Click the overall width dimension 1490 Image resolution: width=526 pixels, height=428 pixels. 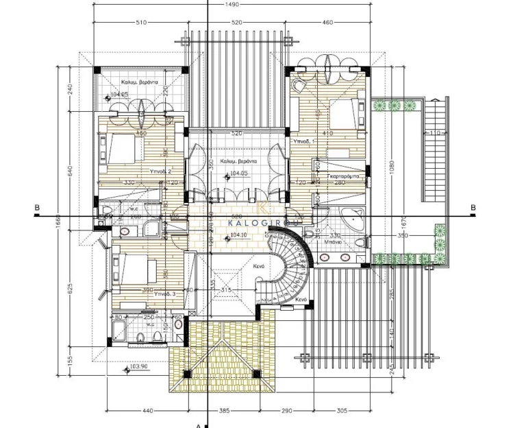[234, 5]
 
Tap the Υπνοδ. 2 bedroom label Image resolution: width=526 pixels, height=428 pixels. [160, 171]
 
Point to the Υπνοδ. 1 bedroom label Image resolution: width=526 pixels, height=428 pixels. [302, 141]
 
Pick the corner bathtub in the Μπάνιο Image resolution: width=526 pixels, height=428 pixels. [354, 218]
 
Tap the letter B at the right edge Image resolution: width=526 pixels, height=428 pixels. [473, 207]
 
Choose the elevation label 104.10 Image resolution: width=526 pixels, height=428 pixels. [239, 235]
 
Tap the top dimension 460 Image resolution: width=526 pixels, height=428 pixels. [327, 23]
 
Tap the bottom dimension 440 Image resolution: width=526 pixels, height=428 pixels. [147, 411]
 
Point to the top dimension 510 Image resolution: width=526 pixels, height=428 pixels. [141, 23]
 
